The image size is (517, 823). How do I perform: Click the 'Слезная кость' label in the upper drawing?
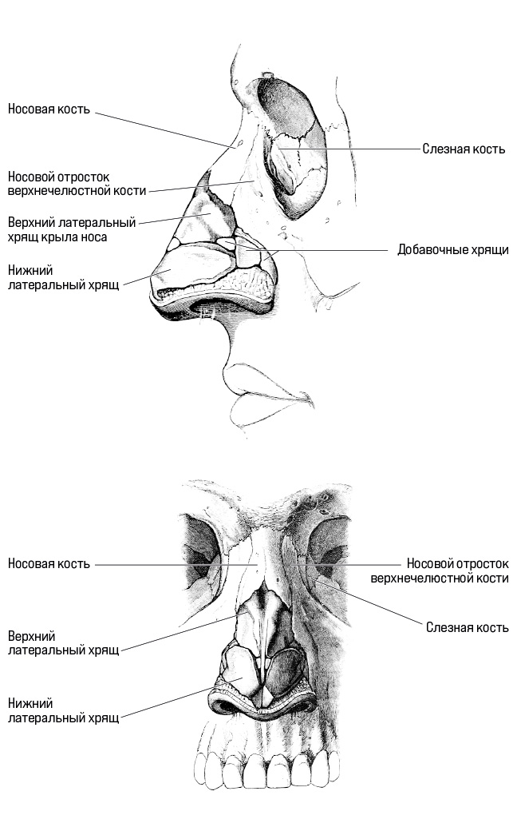464,149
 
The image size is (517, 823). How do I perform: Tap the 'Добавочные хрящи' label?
452,249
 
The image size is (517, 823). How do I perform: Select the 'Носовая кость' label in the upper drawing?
49,109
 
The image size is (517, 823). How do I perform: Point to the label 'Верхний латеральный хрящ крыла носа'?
72,229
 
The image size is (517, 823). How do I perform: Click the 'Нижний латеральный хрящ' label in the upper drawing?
64,277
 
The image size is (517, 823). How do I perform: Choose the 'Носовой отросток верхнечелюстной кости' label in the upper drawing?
77,184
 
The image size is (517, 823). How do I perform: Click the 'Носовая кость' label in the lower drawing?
49,563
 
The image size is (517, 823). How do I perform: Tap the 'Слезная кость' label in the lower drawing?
467,627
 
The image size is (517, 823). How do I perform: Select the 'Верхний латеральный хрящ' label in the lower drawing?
64,643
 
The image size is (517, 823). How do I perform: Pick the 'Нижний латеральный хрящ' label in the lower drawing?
64,710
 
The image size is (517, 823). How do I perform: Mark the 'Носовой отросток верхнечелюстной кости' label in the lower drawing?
440,571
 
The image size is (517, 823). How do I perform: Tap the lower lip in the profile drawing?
258,410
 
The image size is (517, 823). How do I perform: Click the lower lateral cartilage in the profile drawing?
193,267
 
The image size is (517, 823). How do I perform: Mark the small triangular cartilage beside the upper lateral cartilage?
173,244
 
